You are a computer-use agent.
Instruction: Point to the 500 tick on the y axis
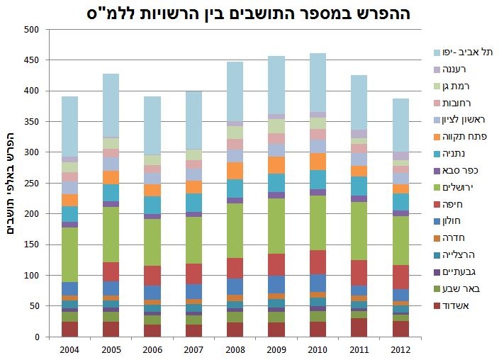coord(29,30)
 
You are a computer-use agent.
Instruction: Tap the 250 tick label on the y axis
coord(29,183)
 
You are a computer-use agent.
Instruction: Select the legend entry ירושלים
coord(465,187)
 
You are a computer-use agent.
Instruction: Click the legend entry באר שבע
coord(464,288)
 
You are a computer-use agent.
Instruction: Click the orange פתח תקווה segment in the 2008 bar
coord(235,171)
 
